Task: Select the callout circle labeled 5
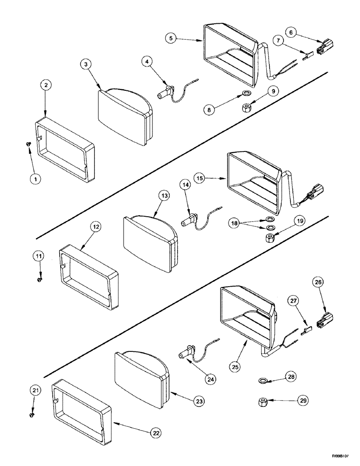(x=173, y=38)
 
